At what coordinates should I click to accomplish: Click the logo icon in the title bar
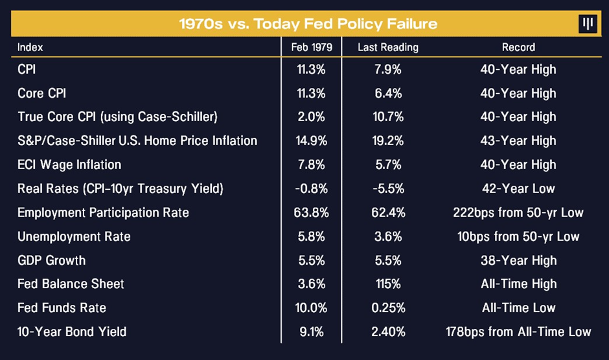point(588,25)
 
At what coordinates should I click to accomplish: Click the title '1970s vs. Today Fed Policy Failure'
point(308,25)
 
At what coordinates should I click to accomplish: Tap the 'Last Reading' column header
point(388,47)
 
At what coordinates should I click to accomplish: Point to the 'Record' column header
point(518,47)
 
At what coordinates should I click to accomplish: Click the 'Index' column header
point(30,47)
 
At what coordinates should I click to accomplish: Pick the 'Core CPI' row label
point(42,93)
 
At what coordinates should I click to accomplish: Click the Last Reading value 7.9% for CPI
point(388,69)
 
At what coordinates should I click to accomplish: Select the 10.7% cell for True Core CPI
point(388,117)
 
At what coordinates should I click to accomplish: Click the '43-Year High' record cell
point(518,141)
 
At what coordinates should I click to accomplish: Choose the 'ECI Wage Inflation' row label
point(69,164)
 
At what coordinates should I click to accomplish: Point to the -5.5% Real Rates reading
point(388,188)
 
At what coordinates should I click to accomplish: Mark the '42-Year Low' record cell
point(518,188)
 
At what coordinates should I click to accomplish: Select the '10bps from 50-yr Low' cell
point(518,236)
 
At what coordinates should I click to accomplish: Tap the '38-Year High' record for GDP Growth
point(518,260)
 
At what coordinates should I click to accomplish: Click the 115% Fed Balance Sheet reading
point(388,284)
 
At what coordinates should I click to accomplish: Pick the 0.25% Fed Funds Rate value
point(388,308)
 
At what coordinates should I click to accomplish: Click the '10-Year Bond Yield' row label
point(72,332)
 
